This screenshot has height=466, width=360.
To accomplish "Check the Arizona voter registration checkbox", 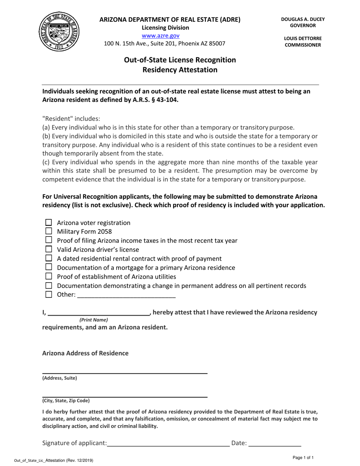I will pos(49,223).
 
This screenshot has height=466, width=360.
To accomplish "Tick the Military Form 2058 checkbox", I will pos(49,231).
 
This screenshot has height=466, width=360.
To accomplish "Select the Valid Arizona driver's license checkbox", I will pos(49,249).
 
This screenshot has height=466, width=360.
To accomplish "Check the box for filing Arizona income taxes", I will pos(49,240).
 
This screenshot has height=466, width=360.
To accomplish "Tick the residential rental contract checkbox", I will pos(49,258).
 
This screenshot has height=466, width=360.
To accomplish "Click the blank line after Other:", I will pos(126,295).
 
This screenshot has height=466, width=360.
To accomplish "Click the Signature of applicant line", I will pos(169,443).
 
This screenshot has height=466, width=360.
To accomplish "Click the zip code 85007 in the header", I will pos(217,43).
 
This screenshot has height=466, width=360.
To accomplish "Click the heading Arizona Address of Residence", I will pos(85,353).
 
